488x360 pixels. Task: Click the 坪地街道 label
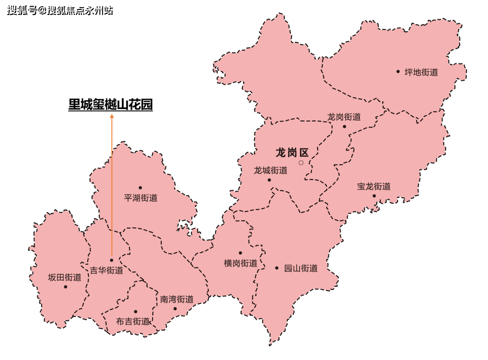click(x=421, y=72)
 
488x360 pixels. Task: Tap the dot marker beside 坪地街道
click(x=398, y=71)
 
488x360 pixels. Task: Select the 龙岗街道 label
click(x=344, y=117)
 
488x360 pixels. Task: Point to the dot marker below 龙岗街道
click(x=344, y=126)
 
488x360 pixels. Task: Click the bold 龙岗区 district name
click(x=292, y=153)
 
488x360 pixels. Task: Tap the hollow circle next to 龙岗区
click(x=301, y=163)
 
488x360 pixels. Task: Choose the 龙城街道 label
click(x=271, y=171)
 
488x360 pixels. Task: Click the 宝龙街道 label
click(x=374, y=187)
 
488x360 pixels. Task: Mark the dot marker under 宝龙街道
click(x=374, y=196)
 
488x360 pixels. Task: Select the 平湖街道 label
click(x=141, y=198)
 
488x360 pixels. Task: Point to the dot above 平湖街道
click(x=140, y=187)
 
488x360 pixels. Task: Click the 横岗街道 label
click(x=240, y=263)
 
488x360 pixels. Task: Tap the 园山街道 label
click(x=300, y=268)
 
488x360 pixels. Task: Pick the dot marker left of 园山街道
click(x=277, y=268)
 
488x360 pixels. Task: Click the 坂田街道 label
click(x=65, y=277)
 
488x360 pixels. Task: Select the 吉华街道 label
click(x=107, y=271)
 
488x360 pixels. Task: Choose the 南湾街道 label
click(x=177, y=299)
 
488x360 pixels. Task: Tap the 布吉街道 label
click(x=133, y=322)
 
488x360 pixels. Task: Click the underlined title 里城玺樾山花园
click(x=110, y=105)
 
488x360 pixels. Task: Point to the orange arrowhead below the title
click(x=112, y=116)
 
